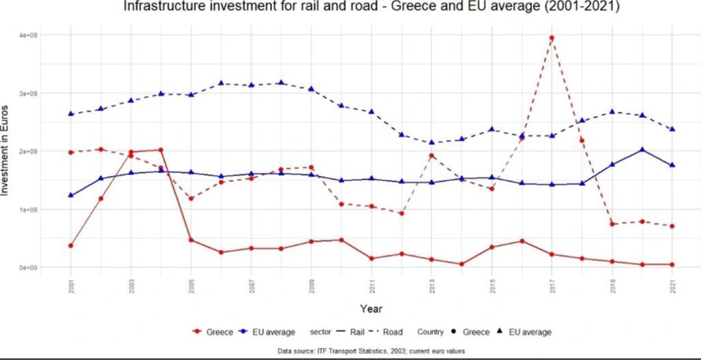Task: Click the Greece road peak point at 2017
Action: (x=551, y=37)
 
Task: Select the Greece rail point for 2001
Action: (x=71, y=245)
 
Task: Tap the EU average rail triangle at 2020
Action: (x=642, y=149)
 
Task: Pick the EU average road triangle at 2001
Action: (x=71, y=114)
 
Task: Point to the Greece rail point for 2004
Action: (x=161, y=150)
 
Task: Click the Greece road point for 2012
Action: (x=401, y=213)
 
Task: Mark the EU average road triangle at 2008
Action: (x=281, y=83)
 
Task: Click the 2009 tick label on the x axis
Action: (x=311, y=285)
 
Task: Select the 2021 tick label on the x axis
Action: (x=672, y=285)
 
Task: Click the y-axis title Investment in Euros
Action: (x=7, y=151)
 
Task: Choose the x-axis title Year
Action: (x=371, y=307)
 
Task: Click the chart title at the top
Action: (x=371, y=7)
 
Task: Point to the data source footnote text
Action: (x=371, y=350)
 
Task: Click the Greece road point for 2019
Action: (x=612, y=224)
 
